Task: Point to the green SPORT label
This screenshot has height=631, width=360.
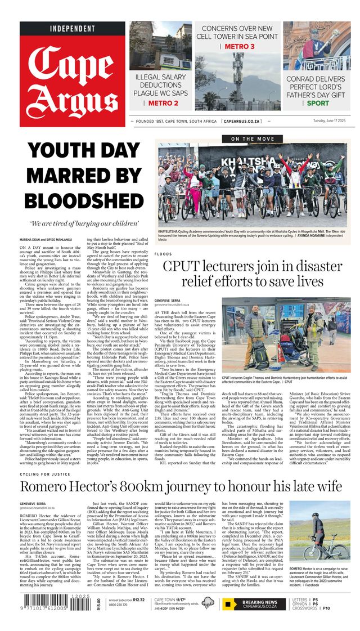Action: pos(318,103)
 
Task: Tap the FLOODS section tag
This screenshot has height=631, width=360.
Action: pos(163,254)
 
